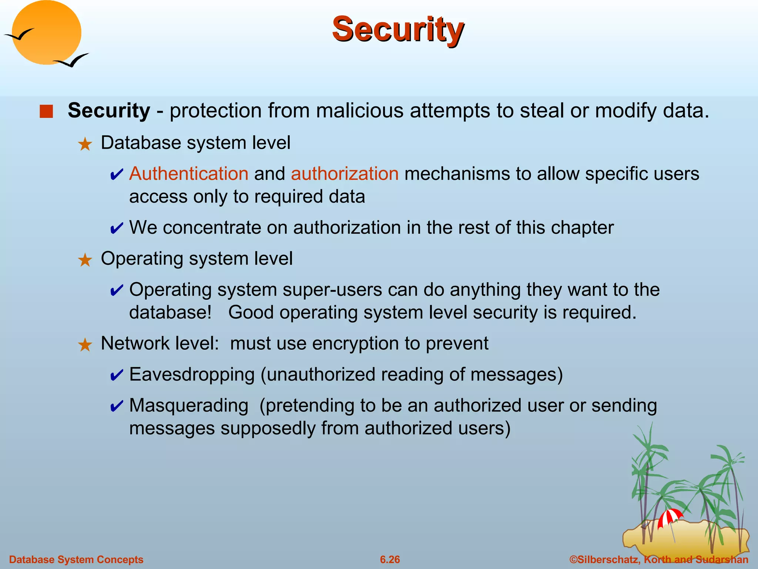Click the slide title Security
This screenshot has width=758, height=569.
tap(398, 30)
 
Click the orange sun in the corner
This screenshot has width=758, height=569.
tap(46, 33)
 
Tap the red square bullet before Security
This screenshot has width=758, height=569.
tap(46, 111)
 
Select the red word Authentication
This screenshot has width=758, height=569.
tap(189, 174)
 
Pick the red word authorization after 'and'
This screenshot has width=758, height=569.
tap(345, 174)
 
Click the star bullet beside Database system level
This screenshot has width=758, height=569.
tap(85, 144)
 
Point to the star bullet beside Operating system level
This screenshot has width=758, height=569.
tap(85, 260)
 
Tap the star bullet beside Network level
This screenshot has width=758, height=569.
tap(85, 345)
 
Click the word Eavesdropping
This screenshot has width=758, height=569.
tap(192, 375)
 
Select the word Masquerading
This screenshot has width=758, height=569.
tap(189, 405)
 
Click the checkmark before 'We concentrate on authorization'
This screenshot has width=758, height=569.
tap(117, 229)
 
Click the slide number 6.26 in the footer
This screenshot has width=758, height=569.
tap(390, 559)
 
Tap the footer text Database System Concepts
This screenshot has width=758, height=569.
tap(76, 559)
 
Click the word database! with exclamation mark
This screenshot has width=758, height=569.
tap(171, 313)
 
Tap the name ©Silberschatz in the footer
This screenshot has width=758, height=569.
tap(605, 559)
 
